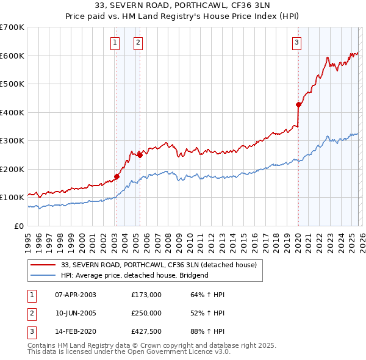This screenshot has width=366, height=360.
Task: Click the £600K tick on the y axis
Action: tap(12, 56)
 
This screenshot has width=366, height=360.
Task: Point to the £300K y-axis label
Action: tap(12, 140)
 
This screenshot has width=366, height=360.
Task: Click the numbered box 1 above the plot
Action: tap(115, 42)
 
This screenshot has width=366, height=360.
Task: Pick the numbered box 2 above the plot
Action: tap(138, 42)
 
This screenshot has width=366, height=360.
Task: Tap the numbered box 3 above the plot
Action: tap(296, 42)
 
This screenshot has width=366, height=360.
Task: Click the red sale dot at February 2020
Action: tap(298, 104)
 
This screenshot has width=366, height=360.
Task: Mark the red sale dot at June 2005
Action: tap(140, 154)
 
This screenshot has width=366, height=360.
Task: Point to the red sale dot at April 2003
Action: tap(116, 176)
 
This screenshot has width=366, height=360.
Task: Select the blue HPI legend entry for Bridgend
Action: tap(134, 275)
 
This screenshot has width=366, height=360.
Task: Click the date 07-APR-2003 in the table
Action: tap(76, 295)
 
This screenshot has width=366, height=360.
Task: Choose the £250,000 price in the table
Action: tap(146, 313)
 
